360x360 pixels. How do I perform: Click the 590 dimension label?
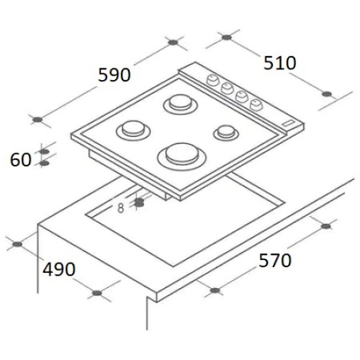(114, 75)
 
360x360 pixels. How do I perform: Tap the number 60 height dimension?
(21, 159)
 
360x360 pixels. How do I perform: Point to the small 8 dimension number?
(121, 208)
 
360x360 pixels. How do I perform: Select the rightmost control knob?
(256, 103)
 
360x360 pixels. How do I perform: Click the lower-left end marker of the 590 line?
(36, 120)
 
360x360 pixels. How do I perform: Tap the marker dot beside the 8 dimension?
(139, 203)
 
